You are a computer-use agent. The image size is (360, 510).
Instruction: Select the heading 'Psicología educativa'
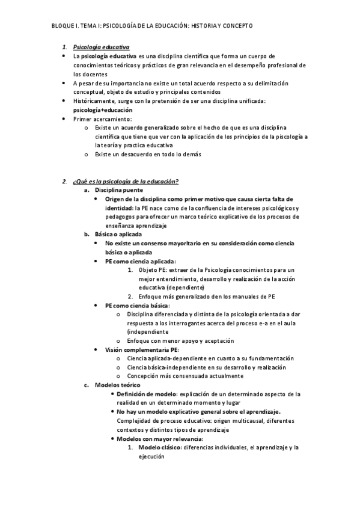[100, 47]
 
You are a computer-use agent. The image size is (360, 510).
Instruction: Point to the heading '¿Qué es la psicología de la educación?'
[126, 182]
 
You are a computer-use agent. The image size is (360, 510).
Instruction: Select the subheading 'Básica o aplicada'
[118, 234]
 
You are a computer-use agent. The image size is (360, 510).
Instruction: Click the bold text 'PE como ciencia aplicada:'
[140, 261]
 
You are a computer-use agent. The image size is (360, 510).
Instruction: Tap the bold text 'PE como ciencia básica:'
[137, 306]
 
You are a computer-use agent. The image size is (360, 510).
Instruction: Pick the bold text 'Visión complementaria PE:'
[141, 349]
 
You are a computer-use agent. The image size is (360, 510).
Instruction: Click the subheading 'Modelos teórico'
[118, 385]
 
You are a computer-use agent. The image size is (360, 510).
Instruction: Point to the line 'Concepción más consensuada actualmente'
[185, 376]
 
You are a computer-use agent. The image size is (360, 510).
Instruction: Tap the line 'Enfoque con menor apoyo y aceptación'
[181, 340]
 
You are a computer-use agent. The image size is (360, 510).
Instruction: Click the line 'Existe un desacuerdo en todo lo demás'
[147, 155]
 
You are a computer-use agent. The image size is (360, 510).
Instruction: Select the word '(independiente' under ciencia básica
[148, 331]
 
